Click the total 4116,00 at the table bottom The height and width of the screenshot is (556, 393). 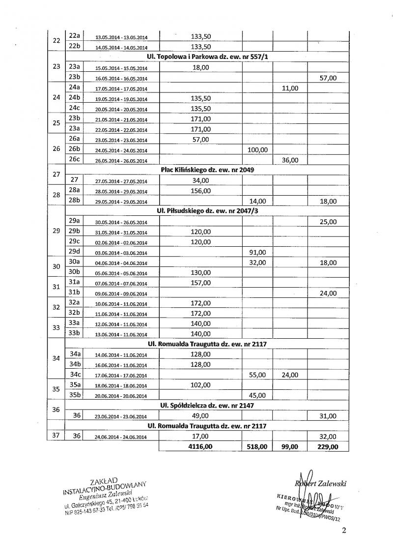click(x=200, y=446)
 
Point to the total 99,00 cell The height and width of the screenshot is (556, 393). click(x=290, y=446)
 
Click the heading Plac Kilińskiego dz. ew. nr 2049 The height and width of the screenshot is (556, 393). click(x=207, y=170)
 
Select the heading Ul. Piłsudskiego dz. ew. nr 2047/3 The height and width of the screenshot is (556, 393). click(x=207, y=211)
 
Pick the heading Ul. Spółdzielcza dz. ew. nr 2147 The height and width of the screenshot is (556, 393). click(x=207, y=405)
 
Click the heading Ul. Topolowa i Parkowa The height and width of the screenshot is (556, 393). click(x=207, y=57)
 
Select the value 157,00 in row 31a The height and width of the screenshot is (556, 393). click(x=200, y=283)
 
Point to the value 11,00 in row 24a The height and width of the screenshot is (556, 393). click(x=290, y=88)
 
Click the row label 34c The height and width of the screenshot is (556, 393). click(x=75, y=374)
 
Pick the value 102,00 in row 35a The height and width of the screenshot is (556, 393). click(x=200, y=385)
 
